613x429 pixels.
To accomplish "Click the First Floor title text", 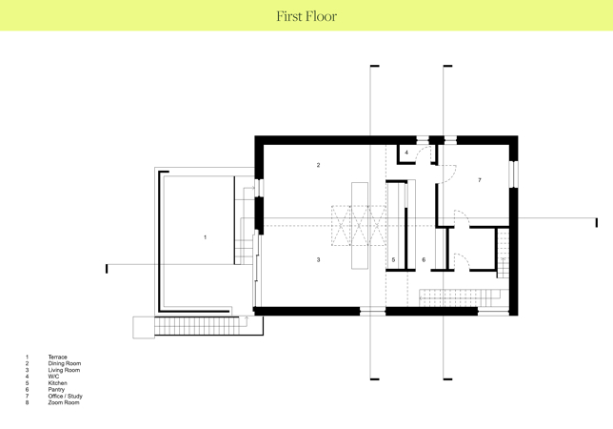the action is (x=306, y=16).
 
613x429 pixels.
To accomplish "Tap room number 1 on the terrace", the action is (x=206, y=237).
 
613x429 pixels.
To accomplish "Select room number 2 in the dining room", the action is (x=318, y=165).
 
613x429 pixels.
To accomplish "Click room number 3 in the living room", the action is (x=318, y=259).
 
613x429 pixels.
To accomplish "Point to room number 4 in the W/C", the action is (x=406, y=153).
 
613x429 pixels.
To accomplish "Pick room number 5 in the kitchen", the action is (x=393, y=259).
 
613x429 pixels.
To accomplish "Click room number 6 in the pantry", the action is (x=424, y=259).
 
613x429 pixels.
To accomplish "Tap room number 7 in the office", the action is (x=480, y=180).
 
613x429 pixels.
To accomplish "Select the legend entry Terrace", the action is (x=57, y=357).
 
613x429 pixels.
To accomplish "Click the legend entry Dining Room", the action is (x=65, y=363).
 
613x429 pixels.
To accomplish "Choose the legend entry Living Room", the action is (x=64, y=370).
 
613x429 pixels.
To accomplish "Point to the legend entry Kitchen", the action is (x=57, y=383).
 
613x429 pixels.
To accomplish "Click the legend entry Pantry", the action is (x=56, y=390).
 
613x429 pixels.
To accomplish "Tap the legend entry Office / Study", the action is (x=66, y=397).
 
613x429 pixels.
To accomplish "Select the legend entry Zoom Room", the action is (x=64, y=402).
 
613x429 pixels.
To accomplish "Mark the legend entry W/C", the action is (x=53, y=377).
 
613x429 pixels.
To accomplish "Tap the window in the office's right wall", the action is (x=514, y=174).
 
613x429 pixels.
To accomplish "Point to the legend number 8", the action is (x=27, y=402).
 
